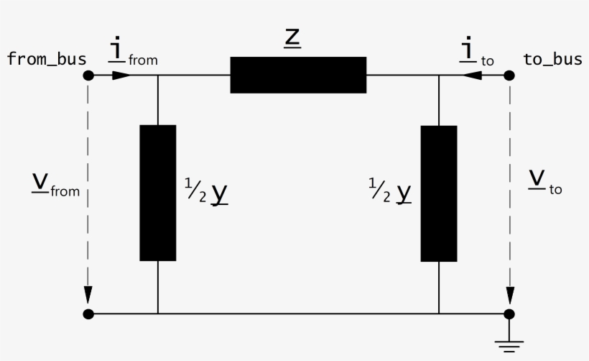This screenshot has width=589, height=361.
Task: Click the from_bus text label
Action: point(47,59)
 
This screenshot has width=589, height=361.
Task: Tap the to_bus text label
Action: point(552,59)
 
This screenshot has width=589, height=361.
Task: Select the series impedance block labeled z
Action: point(298,75)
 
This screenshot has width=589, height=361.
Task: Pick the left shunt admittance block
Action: point(158,193)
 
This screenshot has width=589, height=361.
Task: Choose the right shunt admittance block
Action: point(439,193)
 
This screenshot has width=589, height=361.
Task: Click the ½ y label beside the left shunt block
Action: point(206,192)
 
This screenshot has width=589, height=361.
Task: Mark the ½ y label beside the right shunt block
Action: point(391,192)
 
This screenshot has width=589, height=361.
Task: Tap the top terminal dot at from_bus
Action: point(88,75)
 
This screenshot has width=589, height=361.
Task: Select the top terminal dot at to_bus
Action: point(509,75)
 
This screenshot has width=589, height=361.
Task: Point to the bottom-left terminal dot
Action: point(88,314)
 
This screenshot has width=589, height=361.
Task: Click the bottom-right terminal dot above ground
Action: point(509,314)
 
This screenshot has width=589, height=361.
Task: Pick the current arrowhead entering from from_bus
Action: point(122,75)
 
